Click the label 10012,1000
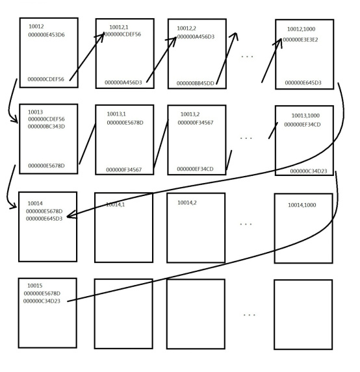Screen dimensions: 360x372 301,29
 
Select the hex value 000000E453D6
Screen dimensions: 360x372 46,35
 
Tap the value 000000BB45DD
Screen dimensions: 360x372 195,83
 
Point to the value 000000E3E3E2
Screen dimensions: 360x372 300,40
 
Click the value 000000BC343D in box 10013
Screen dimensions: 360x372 46,127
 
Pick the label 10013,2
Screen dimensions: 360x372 190,114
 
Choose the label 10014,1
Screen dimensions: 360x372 115,205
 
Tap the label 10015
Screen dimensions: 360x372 35,286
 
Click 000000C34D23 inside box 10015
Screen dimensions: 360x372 42,301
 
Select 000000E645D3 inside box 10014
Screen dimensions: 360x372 44,219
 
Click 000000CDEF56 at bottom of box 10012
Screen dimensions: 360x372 46,79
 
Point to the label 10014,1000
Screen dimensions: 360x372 302,205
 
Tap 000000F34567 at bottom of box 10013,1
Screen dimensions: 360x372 123,170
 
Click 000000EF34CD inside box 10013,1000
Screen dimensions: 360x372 302,125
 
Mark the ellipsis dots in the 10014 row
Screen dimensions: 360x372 246,224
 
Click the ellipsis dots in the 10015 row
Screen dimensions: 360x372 249,315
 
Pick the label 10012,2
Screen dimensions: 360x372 186,29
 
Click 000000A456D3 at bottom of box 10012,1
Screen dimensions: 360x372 123,82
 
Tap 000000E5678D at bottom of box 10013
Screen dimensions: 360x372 46,166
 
